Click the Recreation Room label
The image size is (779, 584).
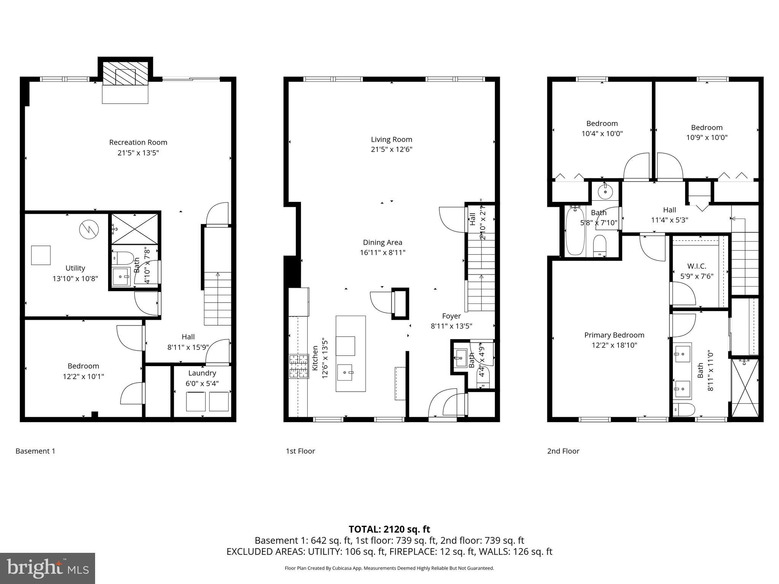(138, 142)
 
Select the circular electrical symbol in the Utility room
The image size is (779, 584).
(89, 229)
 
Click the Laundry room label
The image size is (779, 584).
(202, 373)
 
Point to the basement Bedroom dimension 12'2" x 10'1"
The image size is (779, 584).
(83, 376)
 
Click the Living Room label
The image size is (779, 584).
(391, 139)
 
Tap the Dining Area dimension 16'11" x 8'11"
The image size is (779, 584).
(382, 252)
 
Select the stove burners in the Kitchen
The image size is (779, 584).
(299, 367)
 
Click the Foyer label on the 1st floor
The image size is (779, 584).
(451, 316)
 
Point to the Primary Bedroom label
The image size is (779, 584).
(614, 335)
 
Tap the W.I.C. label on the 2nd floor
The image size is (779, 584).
(696, 266)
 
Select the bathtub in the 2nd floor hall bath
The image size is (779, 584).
(575, 230)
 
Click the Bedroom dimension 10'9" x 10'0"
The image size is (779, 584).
(706, 138)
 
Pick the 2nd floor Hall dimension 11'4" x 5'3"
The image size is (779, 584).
(669, 220)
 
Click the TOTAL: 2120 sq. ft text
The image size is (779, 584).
(389, 529)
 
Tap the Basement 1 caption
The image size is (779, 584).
(35, 451)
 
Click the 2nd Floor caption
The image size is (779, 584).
(563, 451)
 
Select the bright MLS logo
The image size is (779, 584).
(48, 568)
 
